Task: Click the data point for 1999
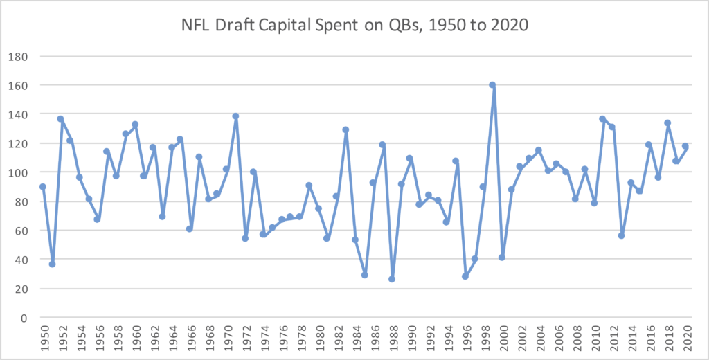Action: (x=492, y=84)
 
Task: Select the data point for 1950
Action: (x=43, y=187)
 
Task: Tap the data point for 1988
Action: (x=392, y=279)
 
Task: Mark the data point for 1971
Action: (x=235, y=116)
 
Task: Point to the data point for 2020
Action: (x=685, y=146)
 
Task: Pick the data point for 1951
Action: (x=52, y=264)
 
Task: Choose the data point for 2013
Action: (x=621, y=235)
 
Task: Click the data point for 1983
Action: (x=345, y=129)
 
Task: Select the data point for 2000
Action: (x=501, y=258)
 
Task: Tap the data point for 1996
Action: (x=465, y=276)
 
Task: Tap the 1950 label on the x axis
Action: (x=43, y=339)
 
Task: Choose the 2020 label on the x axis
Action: (x=685, y=339)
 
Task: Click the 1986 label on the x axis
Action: (x=373, y=339)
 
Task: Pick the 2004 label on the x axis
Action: (x=538, y=339)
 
